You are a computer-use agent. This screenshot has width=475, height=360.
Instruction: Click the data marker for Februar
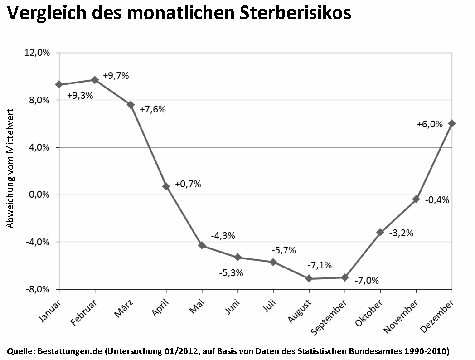point(95,80)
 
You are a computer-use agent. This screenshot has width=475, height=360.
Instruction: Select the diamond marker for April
point(166,186)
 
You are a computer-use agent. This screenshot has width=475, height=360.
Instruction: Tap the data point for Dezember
point(452,124)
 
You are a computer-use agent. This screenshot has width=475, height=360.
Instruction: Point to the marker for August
point(309,278)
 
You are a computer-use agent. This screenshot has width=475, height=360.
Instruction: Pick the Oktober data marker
point(380,233)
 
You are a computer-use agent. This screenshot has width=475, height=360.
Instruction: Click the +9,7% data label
point(116,76)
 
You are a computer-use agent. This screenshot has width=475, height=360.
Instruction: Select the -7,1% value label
point(320,265)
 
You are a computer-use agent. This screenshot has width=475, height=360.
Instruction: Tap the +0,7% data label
point(188,184)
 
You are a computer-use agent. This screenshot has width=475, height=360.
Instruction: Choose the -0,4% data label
point(437,200)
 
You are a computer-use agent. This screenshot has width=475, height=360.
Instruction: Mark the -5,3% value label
point(231,273)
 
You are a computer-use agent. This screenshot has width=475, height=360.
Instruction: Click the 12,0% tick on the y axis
point(37,53)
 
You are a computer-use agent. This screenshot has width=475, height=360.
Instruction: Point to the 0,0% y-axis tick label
point(39,195)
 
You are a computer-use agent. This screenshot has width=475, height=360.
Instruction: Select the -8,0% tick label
point(38,289)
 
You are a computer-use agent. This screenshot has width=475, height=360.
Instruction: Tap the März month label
point(124,308)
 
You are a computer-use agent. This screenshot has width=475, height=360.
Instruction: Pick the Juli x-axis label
point(270,306)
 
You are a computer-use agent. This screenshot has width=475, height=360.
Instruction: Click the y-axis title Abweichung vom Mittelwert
point(10,169)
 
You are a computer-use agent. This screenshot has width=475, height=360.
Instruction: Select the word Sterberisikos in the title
point(296,13)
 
